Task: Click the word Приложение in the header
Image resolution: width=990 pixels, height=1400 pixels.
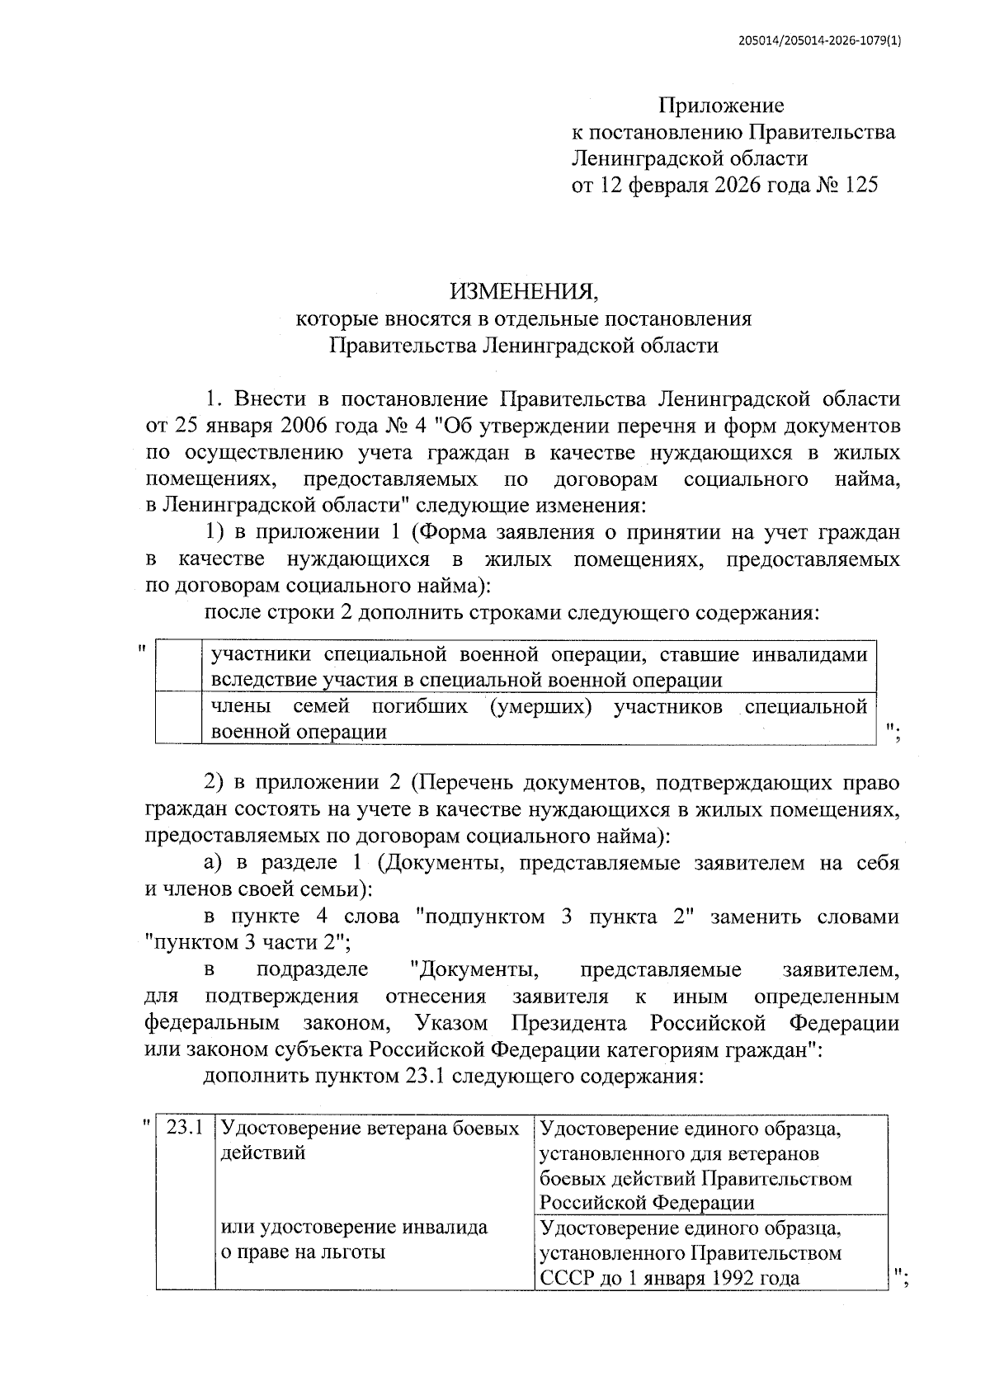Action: (720, 106)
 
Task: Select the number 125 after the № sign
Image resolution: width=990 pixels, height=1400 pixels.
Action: (860, 185)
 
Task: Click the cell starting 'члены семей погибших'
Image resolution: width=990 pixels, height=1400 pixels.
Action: (538, 718)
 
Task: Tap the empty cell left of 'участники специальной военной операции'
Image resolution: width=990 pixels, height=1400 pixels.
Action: (178, 667)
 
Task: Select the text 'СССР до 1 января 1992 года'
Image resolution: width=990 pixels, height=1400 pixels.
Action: (669, 1278)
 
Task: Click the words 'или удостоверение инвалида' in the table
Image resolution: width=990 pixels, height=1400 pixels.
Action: (354, 1228)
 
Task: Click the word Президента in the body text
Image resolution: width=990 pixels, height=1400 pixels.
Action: (568, 1024)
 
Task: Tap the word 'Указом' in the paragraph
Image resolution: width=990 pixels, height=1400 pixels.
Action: (451, 1024)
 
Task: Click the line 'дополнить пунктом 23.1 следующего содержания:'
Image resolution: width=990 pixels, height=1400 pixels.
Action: (453, 1077)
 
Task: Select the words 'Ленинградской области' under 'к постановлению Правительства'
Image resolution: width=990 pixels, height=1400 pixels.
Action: (690, 158)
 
